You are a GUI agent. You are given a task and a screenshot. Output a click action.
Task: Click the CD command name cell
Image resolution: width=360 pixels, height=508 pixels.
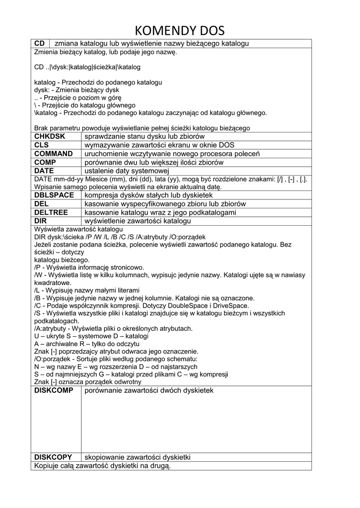(39, 44)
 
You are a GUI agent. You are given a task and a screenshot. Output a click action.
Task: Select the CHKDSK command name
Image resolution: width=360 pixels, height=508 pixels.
(50, 136)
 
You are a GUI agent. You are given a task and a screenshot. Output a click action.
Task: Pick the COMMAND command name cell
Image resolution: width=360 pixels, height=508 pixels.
(53, 154)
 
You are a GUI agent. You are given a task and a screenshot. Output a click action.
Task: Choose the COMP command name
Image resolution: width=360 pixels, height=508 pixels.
(45, 162)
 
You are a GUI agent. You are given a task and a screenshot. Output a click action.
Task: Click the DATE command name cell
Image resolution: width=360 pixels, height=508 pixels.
(44, 171)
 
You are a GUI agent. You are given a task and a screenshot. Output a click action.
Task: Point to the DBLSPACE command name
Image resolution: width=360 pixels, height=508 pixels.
(54, 195)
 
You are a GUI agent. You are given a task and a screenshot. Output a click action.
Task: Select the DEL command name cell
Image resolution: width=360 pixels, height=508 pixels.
(42, 204)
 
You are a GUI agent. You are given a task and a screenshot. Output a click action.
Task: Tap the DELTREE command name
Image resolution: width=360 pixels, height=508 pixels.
(52, 212)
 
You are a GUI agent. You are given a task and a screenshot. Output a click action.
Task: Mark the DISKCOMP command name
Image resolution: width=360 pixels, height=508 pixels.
(54, 391)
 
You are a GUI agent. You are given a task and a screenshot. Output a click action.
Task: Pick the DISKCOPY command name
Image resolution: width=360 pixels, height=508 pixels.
(53, 457)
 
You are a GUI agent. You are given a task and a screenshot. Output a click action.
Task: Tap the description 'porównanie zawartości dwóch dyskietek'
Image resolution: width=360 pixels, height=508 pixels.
(149, 391)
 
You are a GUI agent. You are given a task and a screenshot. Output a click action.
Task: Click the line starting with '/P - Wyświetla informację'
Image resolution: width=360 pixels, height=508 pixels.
(89, 267)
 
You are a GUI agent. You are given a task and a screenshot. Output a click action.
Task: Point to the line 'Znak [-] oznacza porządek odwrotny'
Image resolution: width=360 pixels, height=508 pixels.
(88, 382)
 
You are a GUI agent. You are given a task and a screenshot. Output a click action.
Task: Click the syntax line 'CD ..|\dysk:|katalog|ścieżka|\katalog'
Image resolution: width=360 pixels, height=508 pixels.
(87, 66)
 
